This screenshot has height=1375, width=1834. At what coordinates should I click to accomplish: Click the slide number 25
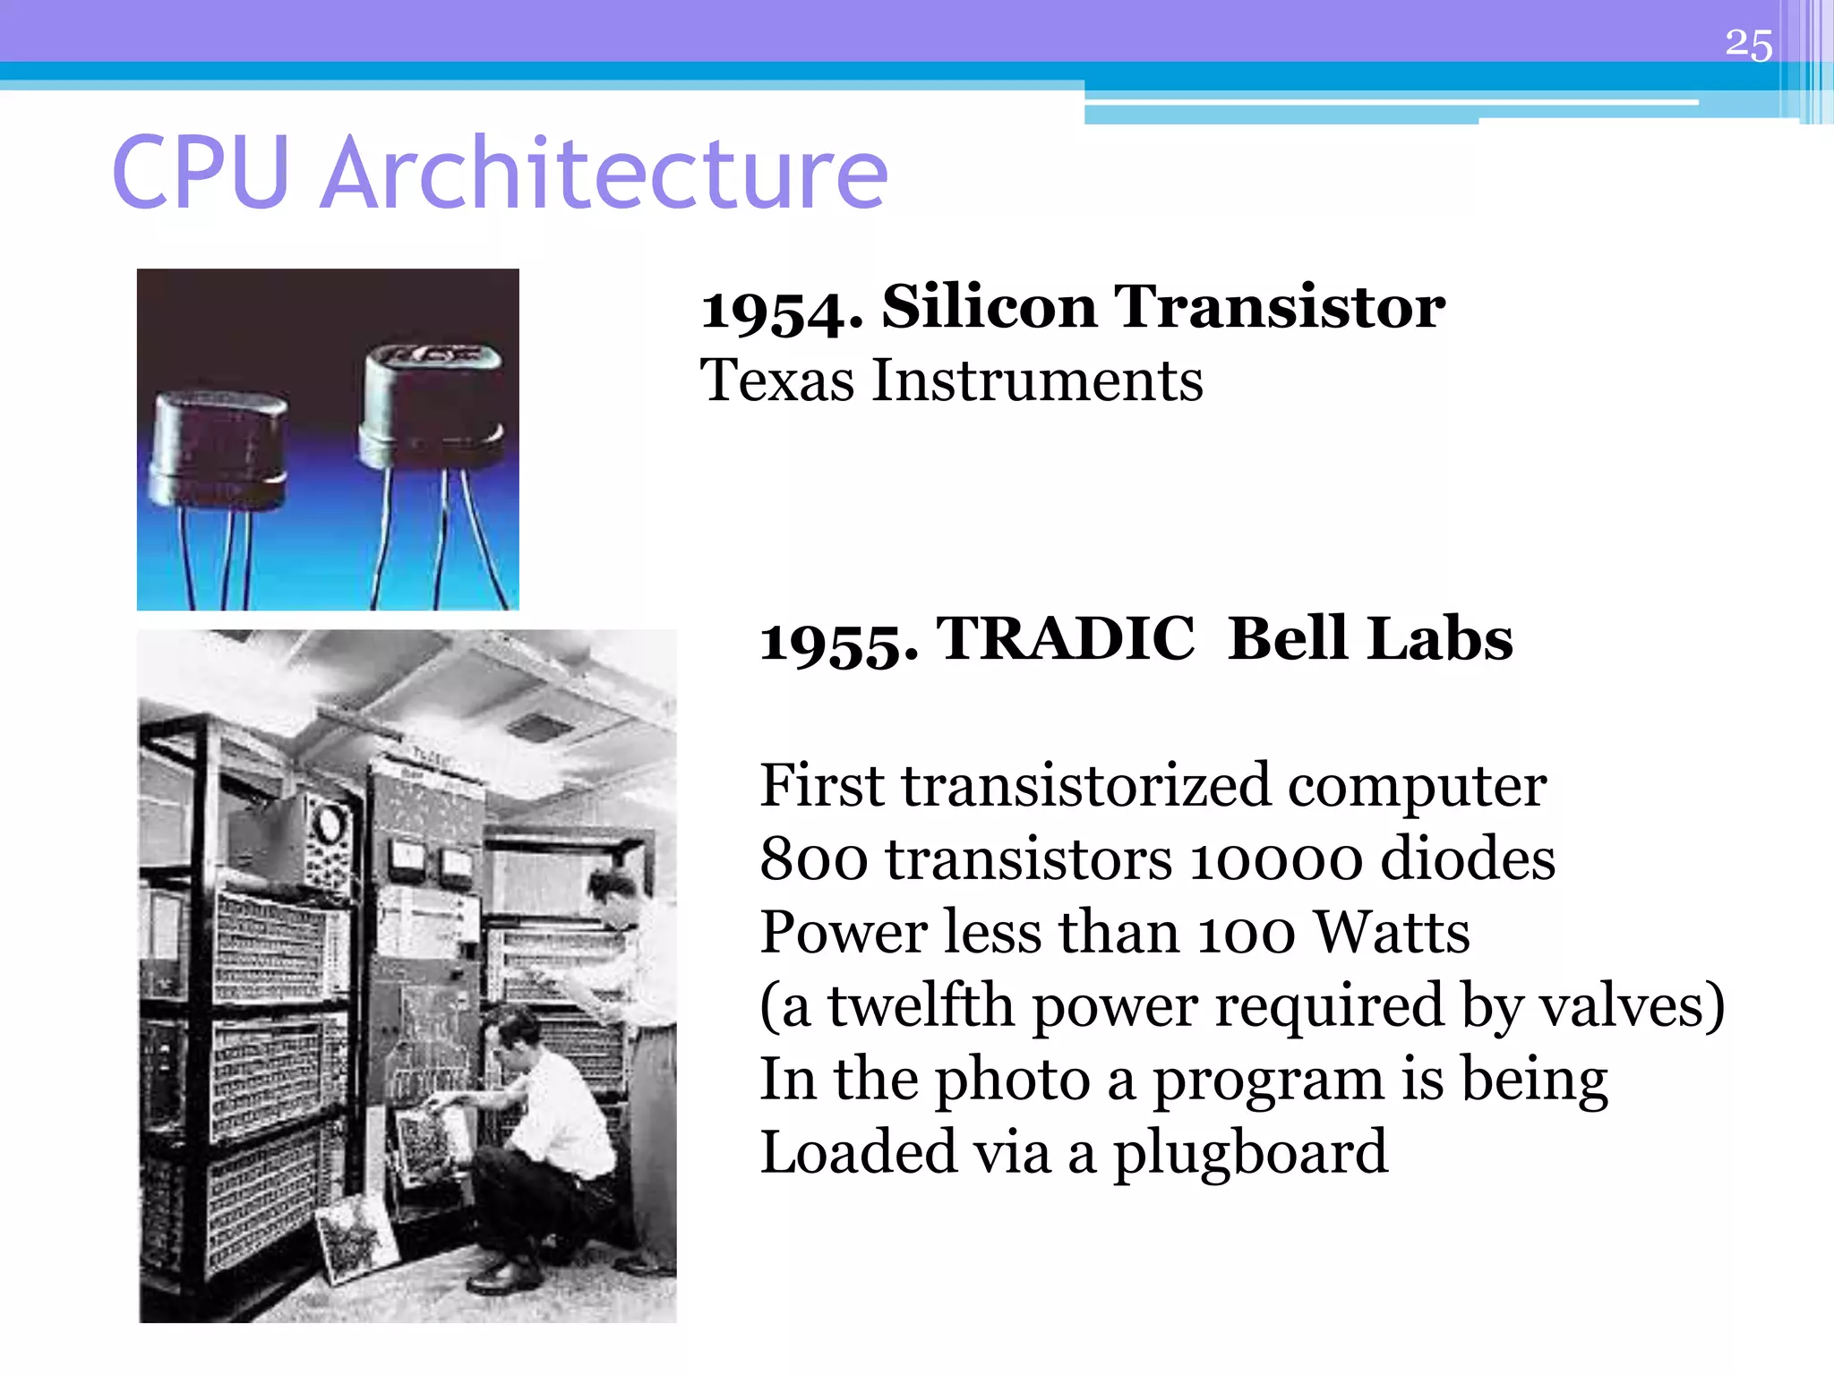pos(1748,45)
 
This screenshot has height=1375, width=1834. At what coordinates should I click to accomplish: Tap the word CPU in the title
pos(201,173)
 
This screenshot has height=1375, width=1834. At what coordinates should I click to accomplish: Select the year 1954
pos(781,310)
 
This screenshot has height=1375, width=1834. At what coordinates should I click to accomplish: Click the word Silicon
pos(989,306)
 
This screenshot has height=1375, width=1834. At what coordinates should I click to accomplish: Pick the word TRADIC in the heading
pos(1066,639)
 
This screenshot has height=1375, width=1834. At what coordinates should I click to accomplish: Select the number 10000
pos(1276,859)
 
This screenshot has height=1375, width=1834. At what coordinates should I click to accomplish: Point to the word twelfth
pos(921,1006)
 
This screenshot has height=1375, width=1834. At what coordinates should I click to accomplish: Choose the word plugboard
pos(1250,1153)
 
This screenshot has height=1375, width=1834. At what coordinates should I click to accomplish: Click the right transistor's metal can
pos(431,405)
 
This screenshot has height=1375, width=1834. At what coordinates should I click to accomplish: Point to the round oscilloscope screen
pos(330,824)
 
